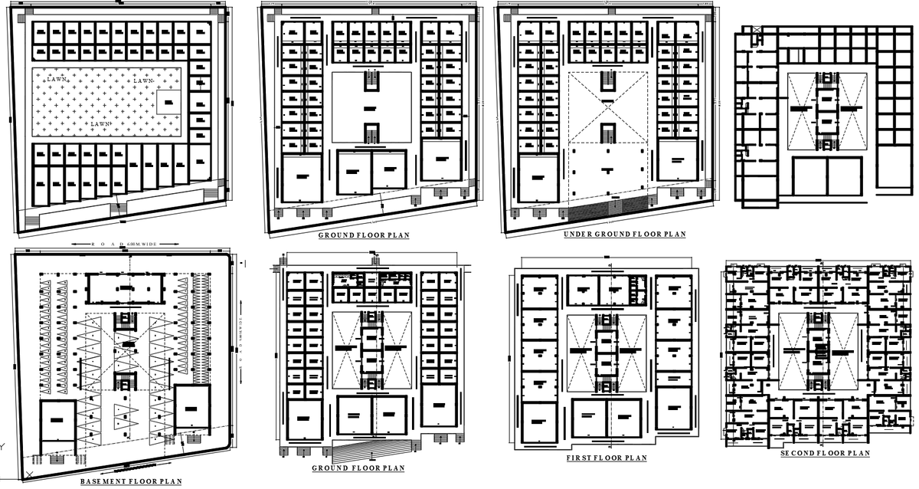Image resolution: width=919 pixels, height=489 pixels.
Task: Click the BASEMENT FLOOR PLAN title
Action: [x=131, y=481]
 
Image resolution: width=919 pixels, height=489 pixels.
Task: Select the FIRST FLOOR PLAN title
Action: [x=606, y=458]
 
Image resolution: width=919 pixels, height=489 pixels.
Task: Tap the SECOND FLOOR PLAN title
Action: [x=825, y=454]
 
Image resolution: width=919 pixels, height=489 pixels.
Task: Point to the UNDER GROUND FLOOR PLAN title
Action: [x=624, y=234]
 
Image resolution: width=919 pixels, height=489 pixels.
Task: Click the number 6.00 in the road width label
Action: [x=133, y=244]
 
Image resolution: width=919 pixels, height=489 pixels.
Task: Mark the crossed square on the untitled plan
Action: [x=757, y=30]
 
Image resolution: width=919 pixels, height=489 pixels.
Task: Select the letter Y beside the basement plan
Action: [x=3, y=446]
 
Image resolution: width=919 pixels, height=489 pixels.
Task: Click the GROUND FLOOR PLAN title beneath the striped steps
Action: [x=358, y=468]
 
